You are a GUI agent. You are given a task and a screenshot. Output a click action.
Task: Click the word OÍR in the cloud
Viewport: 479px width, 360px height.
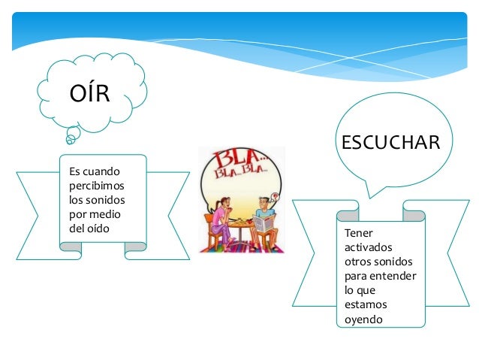pos(89,94)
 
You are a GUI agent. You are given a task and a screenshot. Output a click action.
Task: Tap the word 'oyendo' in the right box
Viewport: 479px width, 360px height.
pos(363,319)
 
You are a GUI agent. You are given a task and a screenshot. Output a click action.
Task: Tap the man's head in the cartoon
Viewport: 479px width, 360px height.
pos(262,204)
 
